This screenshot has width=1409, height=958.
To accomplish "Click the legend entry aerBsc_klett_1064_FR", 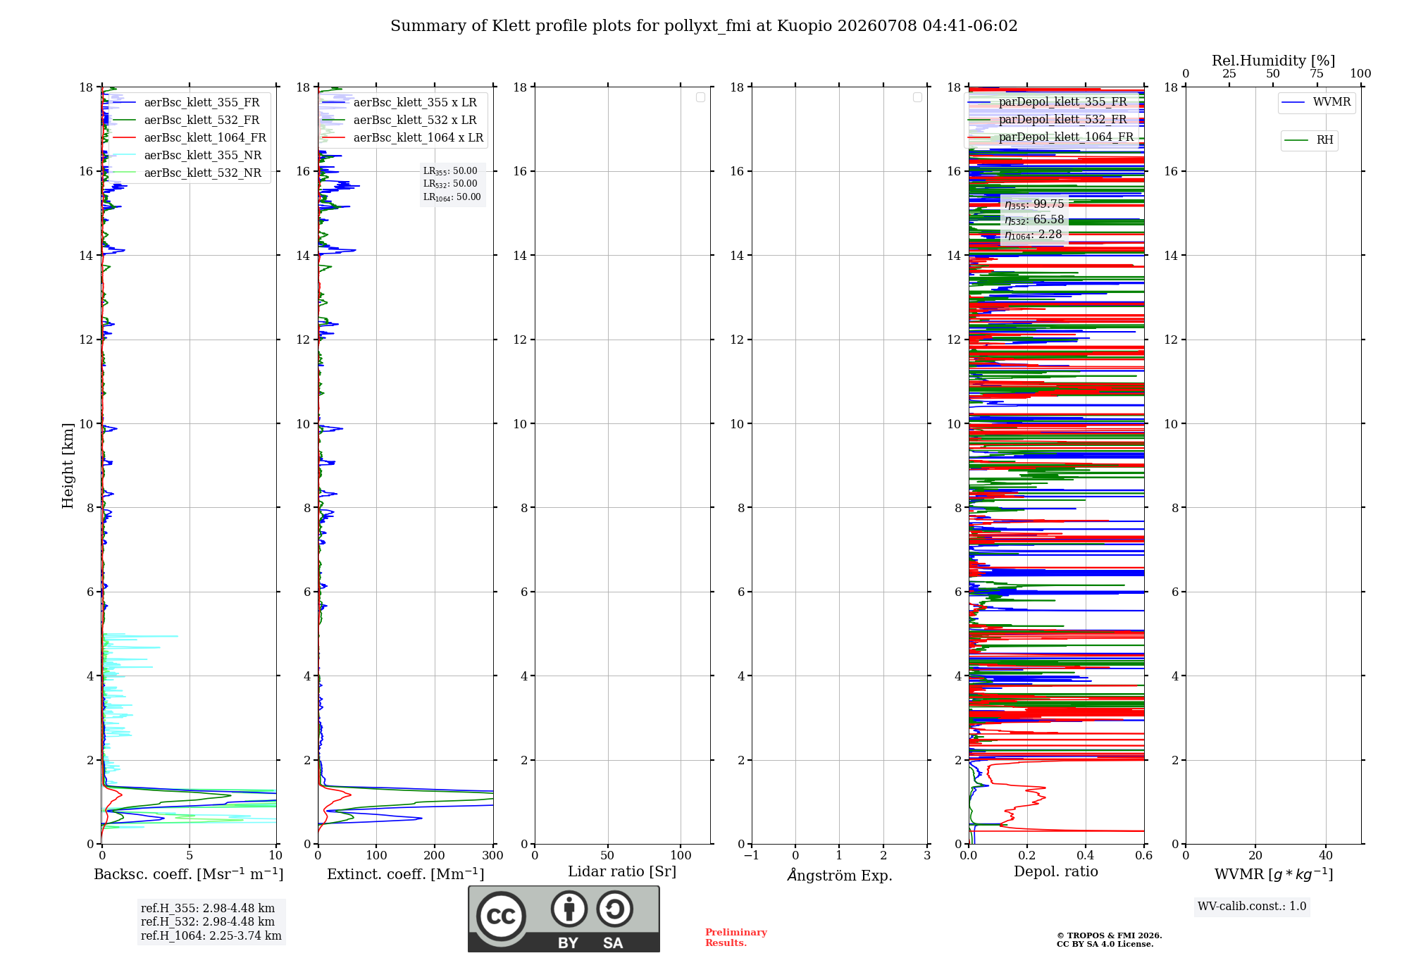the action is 190,137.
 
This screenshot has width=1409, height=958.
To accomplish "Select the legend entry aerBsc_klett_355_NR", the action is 187,155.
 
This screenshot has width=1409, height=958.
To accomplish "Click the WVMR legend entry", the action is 1317,102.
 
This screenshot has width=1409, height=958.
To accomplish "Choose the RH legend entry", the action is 1309,140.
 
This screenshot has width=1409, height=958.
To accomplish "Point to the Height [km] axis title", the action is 68,466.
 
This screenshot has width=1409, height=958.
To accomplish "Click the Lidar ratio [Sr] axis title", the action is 622,872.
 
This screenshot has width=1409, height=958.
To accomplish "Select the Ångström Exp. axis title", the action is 840,875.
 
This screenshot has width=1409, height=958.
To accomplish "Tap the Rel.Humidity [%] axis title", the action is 1274,61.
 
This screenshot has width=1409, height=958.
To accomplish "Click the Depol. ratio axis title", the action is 1056,872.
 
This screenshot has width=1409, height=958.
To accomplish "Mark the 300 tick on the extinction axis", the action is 493,855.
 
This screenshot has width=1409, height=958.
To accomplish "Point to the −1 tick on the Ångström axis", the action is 752,855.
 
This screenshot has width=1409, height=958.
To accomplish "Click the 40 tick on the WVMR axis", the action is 1326,855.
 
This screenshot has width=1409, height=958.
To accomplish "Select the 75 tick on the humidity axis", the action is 1317,74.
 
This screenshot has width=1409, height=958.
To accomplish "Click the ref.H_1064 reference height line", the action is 211,936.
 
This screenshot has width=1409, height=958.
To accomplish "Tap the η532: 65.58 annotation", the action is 1034,220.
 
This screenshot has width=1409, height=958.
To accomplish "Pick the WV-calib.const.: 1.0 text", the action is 1252,907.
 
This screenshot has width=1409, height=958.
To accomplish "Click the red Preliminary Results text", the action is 736,938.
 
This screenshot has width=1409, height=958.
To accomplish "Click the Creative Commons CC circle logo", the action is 501,916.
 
